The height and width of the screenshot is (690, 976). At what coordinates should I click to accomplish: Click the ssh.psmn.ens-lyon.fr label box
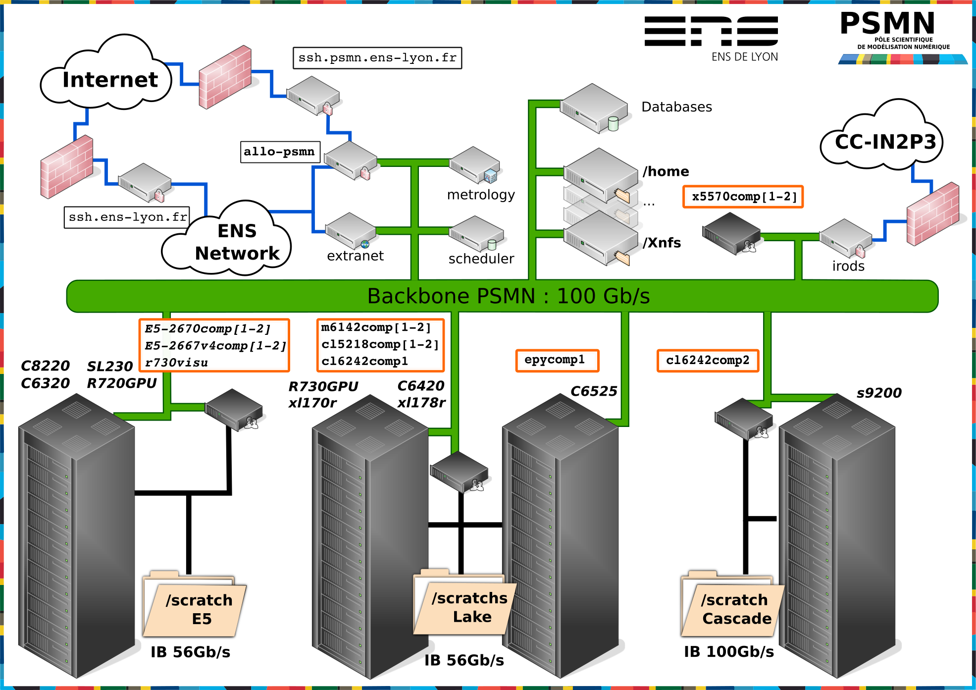point(377,58)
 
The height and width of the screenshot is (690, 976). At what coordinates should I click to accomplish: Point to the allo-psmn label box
point(280,152)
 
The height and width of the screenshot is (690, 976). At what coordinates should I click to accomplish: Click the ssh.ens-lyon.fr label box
point(127,217)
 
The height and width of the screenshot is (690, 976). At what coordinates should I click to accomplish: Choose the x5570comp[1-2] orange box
point(743,197)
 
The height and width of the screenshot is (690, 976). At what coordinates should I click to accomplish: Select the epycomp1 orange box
point(557,360)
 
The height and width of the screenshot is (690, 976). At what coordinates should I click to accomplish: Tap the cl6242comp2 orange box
point(708,361)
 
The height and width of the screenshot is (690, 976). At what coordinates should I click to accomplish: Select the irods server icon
point(846,238)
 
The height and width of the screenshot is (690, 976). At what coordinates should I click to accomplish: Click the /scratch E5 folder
point(194,604)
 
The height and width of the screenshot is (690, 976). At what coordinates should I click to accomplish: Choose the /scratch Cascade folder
point(732,604)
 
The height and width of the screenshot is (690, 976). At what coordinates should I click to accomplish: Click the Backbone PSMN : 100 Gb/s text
point(509,296)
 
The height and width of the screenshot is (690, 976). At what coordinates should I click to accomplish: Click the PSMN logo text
point(888,23)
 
